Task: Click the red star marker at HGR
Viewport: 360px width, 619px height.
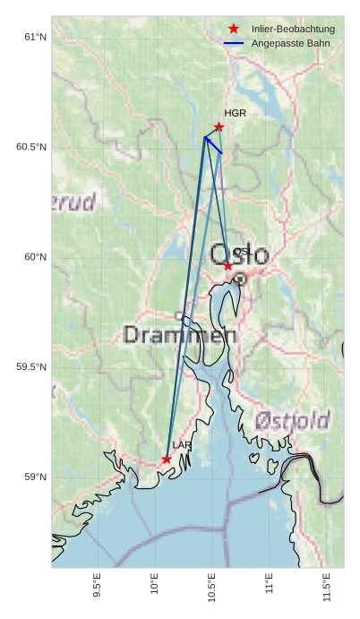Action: coord(219,127)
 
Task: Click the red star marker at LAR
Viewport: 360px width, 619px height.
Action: coord(167,460)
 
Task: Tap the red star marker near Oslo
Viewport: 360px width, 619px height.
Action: coord(228,266)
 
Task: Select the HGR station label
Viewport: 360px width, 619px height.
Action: coord(235,114)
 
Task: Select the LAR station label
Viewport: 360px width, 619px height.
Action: coord(182,445)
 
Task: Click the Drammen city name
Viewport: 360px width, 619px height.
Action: coord(179,336)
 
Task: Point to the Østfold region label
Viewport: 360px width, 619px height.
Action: coord(292,420)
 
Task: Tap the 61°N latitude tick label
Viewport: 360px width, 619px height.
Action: coord(35,37)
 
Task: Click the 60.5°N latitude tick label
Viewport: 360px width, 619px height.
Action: coord(31,147)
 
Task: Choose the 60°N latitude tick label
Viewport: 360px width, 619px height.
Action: coord(35,257)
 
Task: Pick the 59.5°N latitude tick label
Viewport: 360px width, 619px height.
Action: coord(31,367)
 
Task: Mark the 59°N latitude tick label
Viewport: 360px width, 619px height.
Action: coord(35,477)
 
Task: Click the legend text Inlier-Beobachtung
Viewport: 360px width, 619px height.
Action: coord(293,29)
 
